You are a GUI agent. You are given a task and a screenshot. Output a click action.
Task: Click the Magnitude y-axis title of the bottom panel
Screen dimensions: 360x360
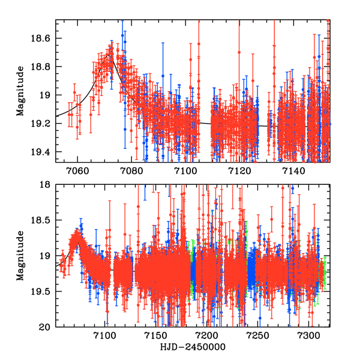(20, 256)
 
